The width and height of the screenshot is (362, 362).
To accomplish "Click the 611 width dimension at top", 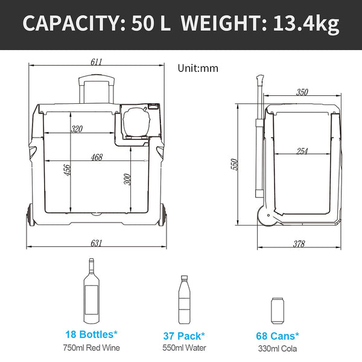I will coord(97,62).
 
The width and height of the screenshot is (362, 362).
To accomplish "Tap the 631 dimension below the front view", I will coord(96,243).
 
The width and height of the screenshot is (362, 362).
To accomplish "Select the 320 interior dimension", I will coord(77,129).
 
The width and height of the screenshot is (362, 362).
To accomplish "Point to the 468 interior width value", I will coord(96,157).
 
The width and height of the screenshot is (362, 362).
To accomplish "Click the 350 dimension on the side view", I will coord(302,92).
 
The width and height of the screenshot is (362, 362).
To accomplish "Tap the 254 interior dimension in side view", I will coord(302,151).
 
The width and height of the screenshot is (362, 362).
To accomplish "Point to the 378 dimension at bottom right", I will coord(299,244).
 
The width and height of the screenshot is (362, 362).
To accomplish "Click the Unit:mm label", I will coord(197,68).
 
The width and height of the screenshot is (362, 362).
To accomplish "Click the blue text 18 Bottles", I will coord(91,334).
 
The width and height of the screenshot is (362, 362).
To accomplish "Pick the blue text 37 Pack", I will coord(184,335).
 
